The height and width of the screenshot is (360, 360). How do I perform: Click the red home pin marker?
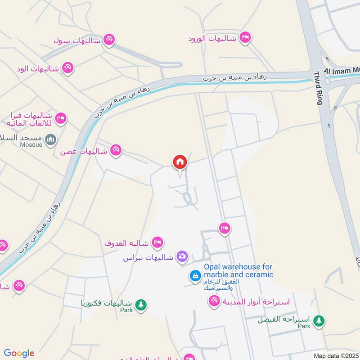point(180,162)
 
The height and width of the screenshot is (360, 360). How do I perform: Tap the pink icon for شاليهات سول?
point(108,40)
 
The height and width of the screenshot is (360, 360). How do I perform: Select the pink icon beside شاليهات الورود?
point(245,37)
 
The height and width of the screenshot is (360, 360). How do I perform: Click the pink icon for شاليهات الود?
point(68,68)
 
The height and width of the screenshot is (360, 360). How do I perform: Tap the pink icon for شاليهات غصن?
point(116,150)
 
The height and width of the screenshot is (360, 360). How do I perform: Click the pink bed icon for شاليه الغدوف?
point(157,243)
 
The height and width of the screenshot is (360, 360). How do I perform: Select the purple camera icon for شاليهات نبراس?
point(182,256)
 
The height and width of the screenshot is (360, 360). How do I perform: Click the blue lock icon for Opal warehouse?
point(195,275)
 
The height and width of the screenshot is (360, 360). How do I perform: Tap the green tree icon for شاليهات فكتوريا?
point(141,305)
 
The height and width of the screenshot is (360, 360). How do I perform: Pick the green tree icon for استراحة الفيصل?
point(319,321)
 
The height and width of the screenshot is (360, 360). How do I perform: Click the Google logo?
point(19,353)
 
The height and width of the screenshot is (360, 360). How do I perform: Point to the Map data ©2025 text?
point(336,355)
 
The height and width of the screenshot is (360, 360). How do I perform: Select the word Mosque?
point(31,145)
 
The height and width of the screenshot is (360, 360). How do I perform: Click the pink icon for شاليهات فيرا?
point(61,119)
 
